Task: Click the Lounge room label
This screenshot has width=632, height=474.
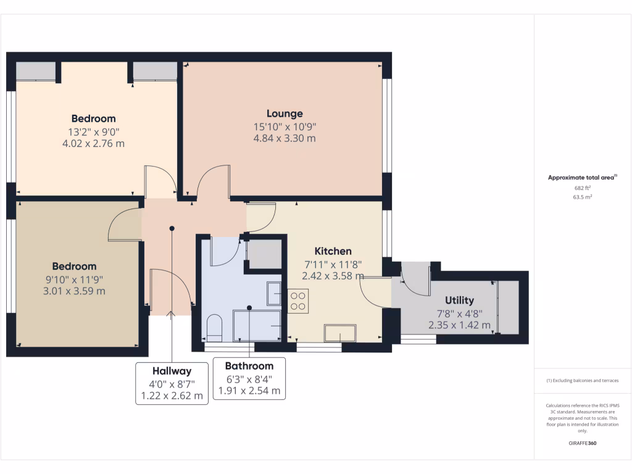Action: (x=285, y=114)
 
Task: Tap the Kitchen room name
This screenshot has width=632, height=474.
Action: (x=333, y=251)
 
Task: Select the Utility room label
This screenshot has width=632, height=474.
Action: (x=459, y=301)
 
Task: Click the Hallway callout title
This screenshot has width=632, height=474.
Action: (x=172, y=371)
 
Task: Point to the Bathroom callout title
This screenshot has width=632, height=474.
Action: (x=249, y=366)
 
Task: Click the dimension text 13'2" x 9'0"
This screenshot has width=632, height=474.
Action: (x=93, y=131)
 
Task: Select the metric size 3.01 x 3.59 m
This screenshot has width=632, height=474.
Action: (x=75, y=291)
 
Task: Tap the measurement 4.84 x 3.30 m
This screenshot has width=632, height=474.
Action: (x=285, y=138)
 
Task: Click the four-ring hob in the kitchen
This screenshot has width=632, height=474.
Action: (x=298, y=300)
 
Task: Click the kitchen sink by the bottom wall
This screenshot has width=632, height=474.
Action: (x=340, y=333)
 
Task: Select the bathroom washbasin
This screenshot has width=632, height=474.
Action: (x=274, y=294)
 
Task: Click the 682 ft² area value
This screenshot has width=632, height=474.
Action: (x=583, y=188)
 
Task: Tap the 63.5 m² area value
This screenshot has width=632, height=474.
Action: (x=583, y=197)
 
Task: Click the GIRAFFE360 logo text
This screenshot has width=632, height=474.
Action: (x=583, y=443)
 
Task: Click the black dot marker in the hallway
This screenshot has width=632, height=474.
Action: (x=172, y=228)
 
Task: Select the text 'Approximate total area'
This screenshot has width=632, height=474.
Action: (x=581, y=178)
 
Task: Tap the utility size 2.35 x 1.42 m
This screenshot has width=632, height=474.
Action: (x=459, y=325)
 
